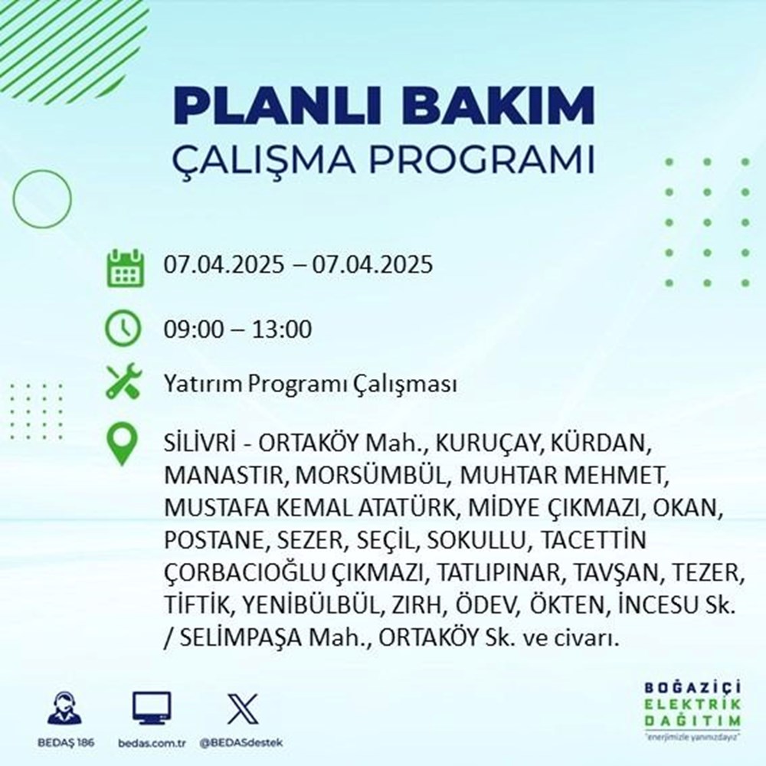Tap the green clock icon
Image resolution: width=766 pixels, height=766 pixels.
(x=123, y=330)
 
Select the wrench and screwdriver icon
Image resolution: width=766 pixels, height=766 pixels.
(x=123, y=383)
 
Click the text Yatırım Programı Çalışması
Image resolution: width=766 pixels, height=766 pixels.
(x=310, y=384)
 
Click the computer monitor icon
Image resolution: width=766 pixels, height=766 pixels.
(x=152, y=709)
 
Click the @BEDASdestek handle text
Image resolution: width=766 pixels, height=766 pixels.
(x=239, y=743)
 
